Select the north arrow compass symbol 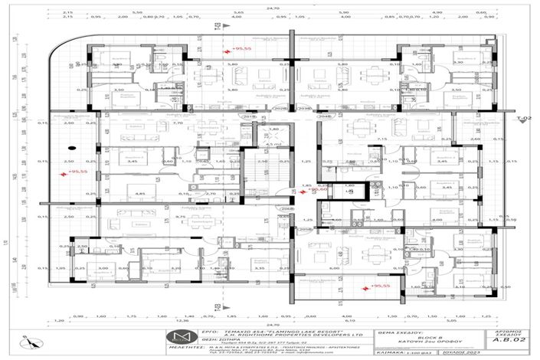(x=26, y=340)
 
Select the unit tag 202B (x=281, y=108)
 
